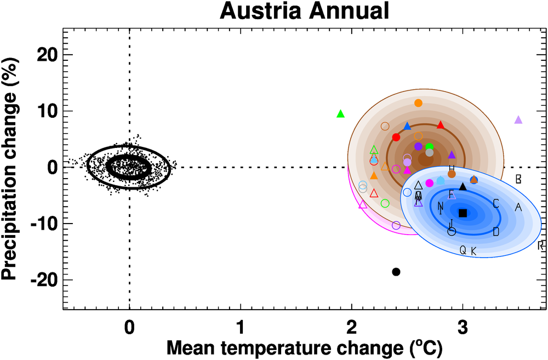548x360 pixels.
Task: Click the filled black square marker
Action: (x=463, y=213)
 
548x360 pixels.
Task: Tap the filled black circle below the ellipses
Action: (x=396, y=272)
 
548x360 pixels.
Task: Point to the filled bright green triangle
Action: (x=340, y=114)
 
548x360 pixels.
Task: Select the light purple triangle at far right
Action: (x=518, y=119)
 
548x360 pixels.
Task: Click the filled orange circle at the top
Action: (x=419, y=103)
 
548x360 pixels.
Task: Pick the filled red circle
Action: (x=396, y=137)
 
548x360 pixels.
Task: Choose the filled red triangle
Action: (x=441, y=125)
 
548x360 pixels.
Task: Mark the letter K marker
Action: (x=474, y=251)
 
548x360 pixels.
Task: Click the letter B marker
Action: (x=518, y=179)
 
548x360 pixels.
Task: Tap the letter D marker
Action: (x=496, y=232)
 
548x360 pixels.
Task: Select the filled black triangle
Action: (x=463, y=186)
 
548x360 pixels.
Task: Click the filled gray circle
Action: (x=430, y=152)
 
